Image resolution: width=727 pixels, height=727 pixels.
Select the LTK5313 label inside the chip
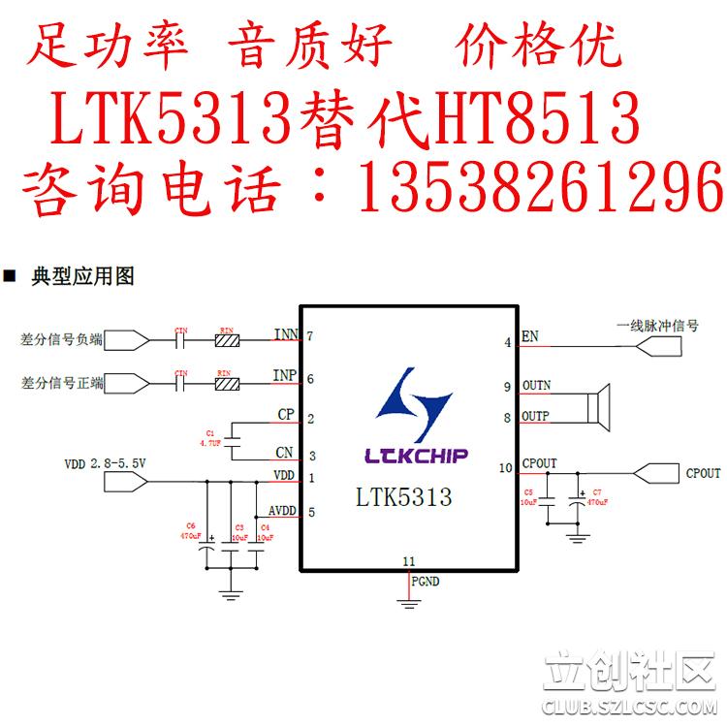pyautogui.click(x=403, y=498)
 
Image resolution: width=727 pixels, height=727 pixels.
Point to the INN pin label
pyautogui.click(x=286, y=335)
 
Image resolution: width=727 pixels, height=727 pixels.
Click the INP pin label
pyautogui.click(x=285, y=375)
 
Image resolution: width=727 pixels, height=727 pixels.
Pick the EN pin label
pyautogui.click(x=529, y=337)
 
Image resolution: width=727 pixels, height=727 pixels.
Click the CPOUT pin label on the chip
pyautogui.click(x=539, y=464)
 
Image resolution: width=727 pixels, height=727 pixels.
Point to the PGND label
pyautogui.click(x=425, y=582)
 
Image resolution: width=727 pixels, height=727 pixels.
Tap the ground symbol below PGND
pyautogui.click(x=408, y=604)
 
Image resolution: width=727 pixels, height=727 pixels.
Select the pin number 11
pyautogui.click(x=408, y=561)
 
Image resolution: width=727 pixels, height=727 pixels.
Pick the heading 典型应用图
pyautogui.click(x=82, y=276)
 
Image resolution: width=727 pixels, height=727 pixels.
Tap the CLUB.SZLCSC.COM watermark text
pyautogui.click(x=629, y=708)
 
